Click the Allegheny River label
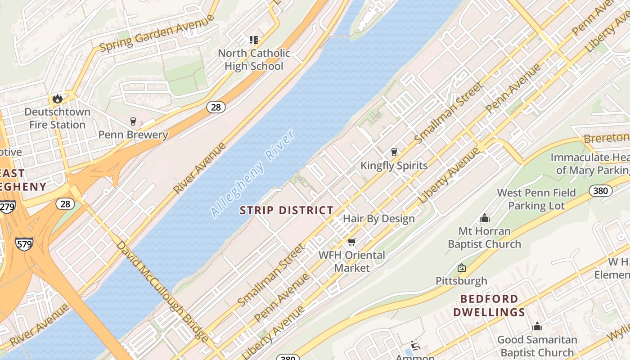(x=253, y=174)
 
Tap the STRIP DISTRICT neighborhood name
(x=287, y=210)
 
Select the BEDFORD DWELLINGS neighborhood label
(x=489, y=306)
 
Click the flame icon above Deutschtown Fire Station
(x=57, y=99)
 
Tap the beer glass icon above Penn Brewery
(x=133, y=121)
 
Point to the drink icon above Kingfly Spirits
(x=394, y=152)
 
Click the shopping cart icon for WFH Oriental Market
(x=352, y=242)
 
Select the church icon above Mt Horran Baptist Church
(x=485, y=218)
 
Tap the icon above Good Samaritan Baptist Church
(x=537, y=327)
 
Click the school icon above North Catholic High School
(x=254, y=40)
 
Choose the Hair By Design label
(x=378, y=219)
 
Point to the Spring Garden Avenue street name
(x=157, y=34)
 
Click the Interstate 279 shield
(x=7, y=207)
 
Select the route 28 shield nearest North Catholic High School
(x=216, y=107)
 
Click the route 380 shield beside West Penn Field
(x=600, y=191)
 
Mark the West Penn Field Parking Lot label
(x=536, y=199)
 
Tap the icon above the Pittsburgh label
(x=462, y=268)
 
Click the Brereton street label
(x=607, y=138)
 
